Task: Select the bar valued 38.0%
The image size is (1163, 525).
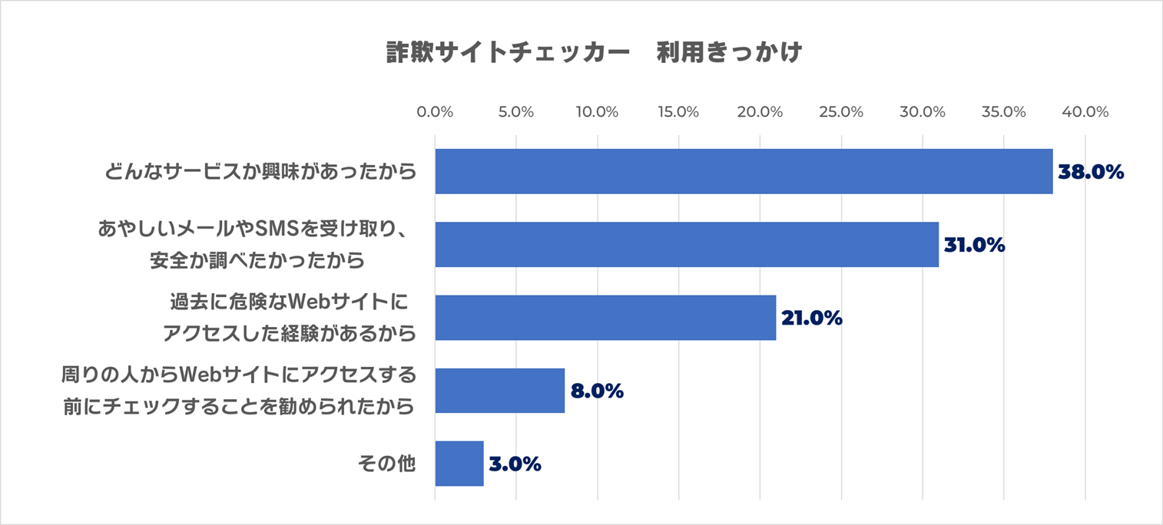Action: pyautogui.click(x=744, y=172)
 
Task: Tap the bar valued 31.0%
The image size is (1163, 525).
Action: pyautogui.click(x=687, y=245)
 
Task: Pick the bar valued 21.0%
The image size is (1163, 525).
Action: pyautogui.click(x=605, y=318)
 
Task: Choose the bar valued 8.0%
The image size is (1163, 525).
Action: pyautogui.click(x=499, y=391)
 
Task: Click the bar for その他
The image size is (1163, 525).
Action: pyautogui.click(x=459, y=464)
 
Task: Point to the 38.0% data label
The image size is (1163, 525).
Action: pyautogui.click(x=1091, y=173)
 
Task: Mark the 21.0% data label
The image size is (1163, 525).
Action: pyautogui.click(x=812, y=319)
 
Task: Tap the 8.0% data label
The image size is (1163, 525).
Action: pyautogui.click(x=596, y=391)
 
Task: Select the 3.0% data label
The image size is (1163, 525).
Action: pyautogui.click(x=515, y=464)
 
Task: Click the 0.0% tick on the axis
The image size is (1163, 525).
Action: pyautogui.click(x=435, y=112)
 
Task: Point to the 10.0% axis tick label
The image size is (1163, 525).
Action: pyautogui.click(x=597, y=112)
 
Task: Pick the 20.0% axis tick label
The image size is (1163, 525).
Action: pyautogui.click(x=760, y=112)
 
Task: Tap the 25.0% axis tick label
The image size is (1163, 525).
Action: pyautogui.click(x=841, y=112)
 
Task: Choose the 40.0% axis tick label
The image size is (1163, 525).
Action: pyautogui.click(x=1085, y=112)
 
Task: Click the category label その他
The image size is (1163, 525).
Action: pyautogui.click(x=386, y=464)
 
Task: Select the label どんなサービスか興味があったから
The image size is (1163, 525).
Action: pyautogui.click(x=261, y=172)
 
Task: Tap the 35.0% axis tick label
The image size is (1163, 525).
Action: pyautogui.click(x=1003, y=112)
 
